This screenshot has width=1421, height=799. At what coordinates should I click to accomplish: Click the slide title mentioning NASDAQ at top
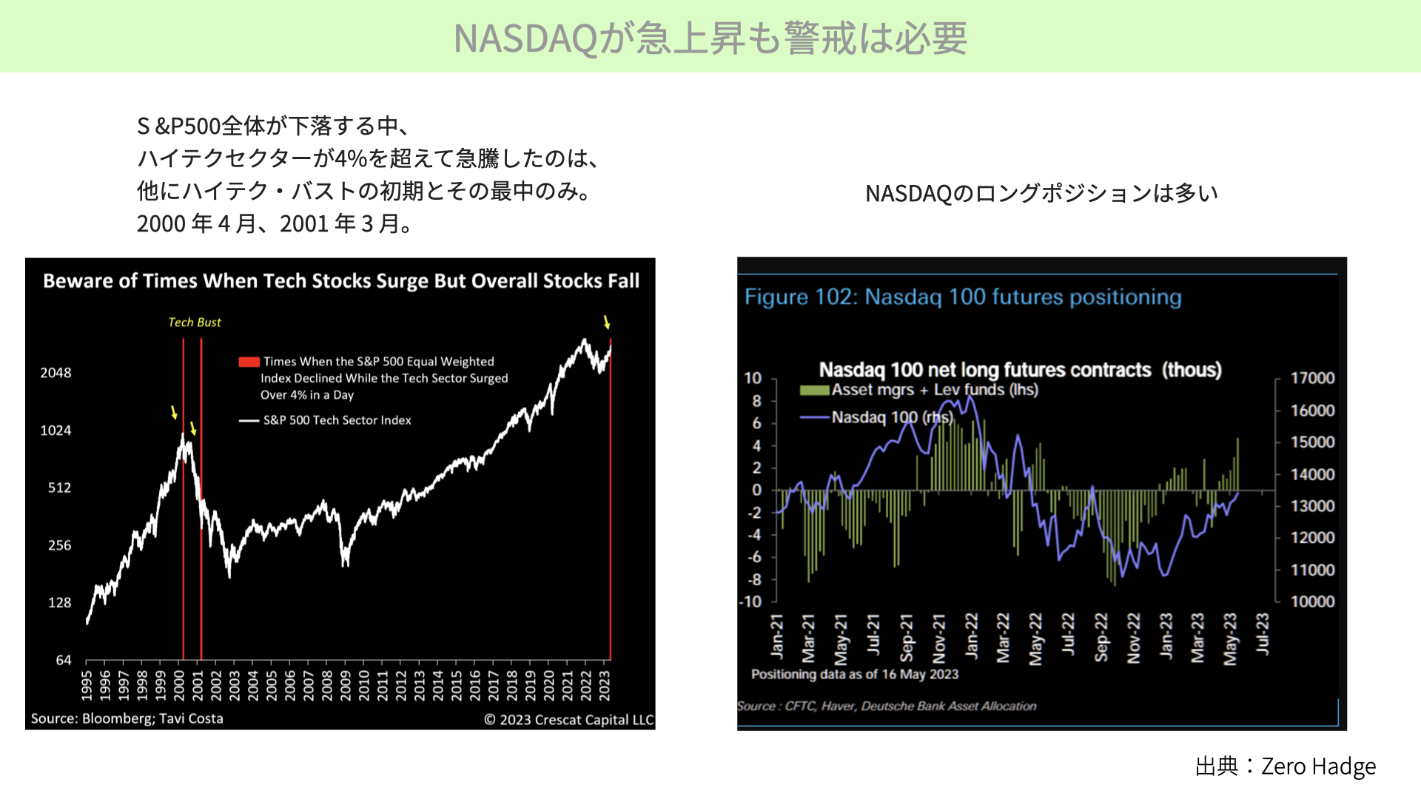710,38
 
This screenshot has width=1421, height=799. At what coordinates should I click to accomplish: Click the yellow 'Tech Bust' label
195,323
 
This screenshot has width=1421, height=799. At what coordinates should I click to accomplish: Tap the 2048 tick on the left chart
56,373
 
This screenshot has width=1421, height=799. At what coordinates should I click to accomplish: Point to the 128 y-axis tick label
59,603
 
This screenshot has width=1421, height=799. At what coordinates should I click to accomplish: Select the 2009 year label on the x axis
346,685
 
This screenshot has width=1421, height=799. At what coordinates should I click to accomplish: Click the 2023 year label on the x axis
605,685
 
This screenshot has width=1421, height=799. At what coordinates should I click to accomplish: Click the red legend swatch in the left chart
249,362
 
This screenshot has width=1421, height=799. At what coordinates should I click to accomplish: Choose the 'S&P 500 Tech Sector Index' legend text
337,420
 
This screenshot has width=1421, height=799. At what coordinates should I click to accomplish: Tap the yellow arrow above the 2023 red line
607,322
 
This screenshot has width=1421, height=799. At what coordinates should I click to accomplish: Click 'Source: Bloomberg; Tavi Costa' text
127,718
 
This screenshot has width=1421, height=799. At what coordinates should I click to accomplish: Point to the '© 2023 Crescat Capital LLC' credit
569,720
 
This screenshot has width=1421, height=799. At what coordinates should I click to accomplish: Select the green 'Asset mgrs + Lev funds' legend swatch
814,391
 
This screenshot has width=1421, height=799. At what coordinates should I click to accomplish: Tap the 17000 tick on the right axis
1312,378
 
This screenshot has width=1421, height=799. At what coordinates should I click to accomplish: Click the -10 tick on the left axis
750,601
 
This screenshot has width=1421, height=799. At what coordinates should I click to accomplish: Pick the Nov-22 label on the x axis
1134,638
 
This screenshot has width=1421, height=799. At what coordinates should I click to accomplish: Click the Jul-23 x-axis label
1263,633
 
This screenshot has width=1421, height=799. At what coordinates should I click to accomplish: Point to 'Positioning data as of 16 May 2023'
855,675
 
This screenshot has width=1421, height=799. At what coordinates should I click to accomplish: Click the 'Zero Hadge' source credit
1318,766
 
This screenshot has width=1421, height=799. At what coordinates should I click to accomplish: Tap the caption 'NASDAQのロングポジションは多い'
1041,194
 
